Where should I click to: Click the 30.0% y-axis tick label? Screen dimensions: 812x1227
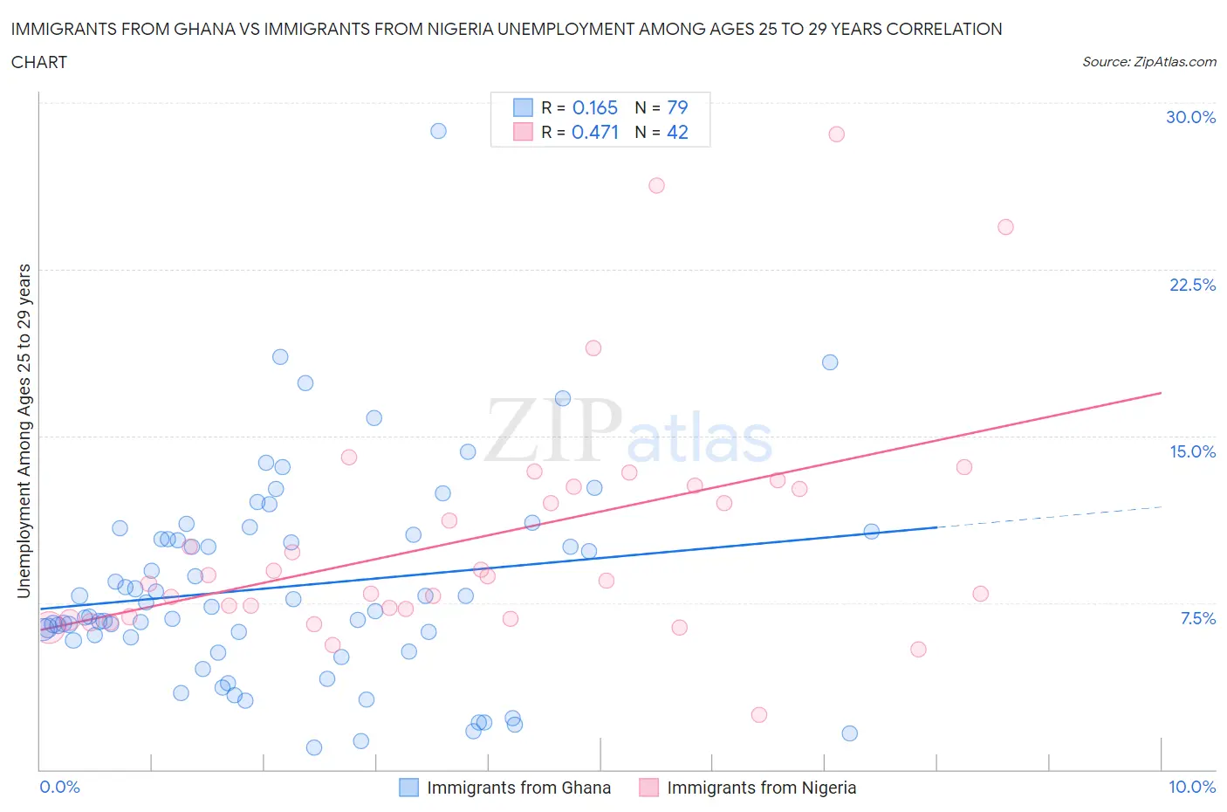(x=1190, y=117)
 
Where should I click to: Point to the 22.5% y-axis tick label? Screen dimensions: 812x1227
(x=1192, y=285)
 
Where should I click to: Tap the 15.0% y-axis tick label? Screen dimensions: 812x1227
(x=1192, y=451)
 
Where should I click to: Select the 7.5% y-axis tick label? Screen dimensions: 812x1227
(x=1197, y=618)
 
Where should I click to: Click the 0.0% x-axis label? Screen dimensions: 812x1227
(x=59, y=787)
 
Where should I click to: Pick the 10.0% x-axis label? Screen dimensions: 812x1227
(x=1192, y=787)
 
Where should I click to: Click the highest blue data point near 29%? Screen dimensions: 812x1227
(x=438, y=131)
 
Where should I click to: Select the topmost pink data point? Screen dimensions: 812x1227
(x=836, y=134)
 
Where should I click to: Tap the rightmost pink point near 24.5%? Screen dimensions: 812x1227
(x=1005, y=227)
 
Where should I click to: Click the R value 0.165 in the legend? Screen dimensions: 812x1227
(x=594, y=107)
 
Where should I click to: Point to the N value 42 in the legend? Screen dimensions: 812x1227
(x=677, y=132)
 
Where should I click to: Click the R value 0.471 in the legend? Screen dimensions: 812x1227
(x=594, y=132)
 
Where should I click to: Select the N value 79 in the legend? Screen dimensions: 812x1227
(x=677, y=107)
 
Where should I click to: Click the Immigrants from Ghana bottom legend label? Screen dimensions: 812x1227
(x=518, y=788)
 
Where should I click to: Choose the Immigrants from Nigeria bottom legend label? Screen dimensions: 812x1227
(x=761, y=788)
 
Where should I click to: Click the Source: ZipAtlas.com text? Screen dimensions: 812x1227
(x=1148, y=62)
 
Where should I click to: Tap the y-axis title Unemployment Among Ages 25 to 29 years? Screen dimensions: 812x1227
(x=24, y=430)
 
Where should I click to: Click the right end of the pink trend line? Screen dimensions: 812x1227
(x=1160, y=393)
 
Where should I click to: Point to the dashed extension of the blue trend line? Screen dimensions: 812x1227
(x=1047, y=517)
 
